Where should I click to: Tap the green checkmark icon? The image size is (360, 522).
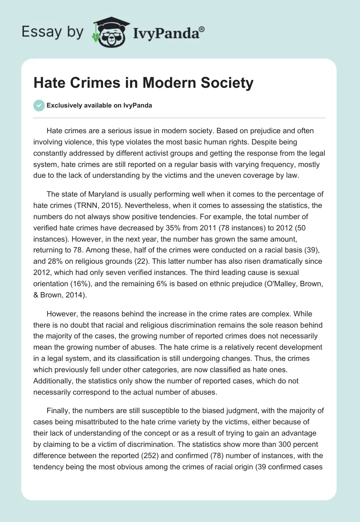[x=39, y=105]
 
